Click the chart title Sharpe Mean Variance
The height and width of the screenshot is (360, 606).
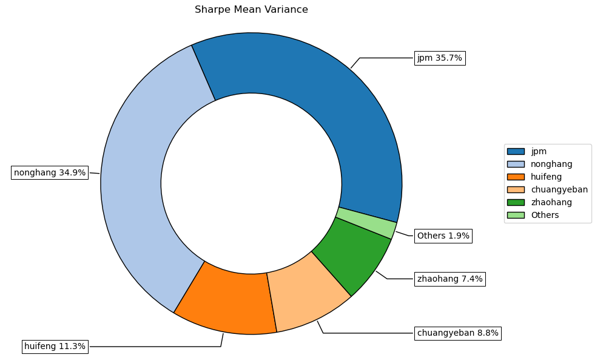[251, 10]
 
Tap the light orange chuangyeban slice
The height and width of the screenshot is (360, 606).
[306, 291]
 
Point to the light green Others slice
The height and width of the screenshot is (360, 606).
[366, 222]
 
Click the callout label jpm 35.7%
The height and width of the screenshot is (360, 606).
[440, 58]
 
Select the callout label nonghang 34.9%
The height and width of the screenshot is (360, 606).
[50, 172]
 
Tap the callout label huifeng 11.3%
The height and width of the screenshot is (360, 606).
[55, 347]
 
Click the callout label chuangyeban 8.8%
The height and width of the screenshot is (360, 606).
[457, 333]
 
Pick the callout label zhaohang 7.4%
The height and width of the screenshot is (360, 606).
[449, 279]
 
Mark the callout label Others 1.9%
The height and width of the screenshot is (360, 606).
[443, 236]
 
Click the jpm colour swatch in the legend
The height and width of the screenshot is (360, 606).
[516, 151]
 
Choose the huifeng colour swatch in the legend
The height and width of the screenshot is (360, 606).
[516, 177]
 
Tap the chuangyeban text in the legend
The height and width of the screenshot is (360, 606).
[559, 189]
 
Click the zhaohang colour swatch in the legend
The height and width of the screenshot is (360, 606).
[516, 202]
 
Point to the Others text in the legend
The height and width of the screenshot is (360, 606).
[545, 215]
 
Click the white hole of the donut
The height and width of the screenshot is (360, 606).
[251, 183]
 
